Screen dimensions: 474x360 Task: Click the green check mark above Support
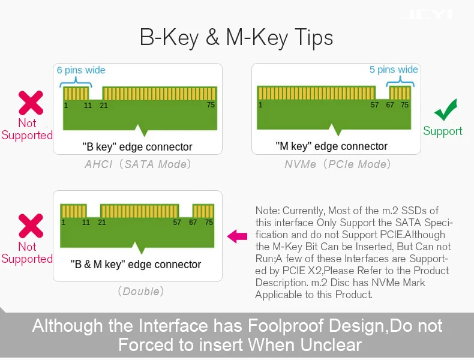click(x=445, y=110)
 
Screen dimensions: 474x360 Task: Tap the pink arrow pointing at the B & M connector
click(x=238, y=236)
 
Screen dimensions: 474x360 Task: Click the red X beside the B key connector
click(x=31, y=103)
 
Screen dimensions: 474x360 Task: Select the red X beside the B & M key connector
click(x=31, y=226)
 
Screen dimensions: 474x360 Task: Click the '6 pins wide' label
click(x=81, y=70)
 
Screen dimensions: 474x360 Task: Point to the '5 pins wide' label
click(x=394, y=70)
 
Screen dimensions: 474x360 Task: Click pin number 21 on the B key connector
click(x=104, y=106)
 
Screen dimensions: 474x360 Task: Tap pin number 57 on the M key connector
click(x=374, y=105)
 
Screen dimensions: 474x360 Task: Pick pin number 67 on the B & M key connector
click(x=193, y=223)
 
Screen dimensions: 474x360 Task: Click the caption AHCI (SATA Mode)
click(x=138, y=164)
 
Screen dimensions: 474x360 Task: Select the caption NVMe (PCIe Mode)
click(x=337, y=164)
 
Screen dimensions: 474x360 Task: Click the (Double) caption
click(x=141, y=292)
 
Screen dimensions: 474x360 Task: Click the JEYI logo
click(x=428, y=14)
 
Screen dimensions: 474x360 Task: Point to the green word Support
click(x=443, y=131)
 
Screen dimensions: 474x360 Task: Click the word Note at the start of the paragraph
click(x=266, y=211)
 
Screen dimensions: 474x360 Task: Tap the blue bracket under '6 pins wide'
click(x=76, y=82)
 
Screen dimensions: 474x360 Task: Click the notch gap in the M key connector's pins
click(x=382, y=93)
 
